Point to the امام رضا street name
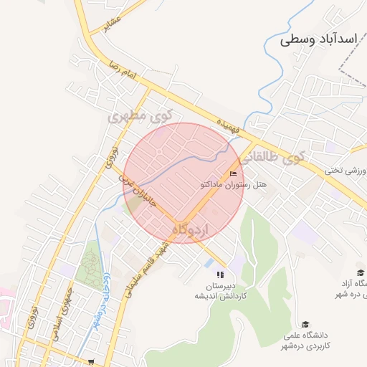point(120,70)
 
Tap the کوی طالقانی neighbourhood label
point(272,158)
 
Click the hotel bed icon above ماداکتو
point(233,174)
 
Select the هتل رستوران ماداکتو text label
point(233,185)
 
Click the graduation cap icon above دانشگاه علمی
point(306,324)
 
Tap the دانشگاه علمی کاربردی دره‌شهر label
point(306,340)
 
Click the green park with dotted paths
point(91,267)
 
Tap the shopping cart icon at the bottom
point(90,362)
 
